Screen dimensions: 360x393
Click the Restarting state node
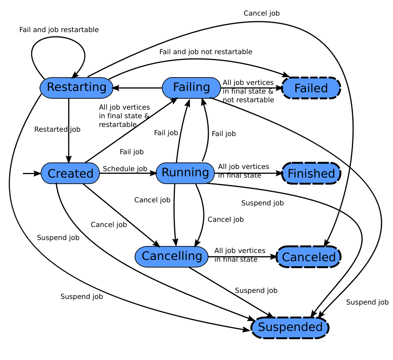(x=76, y=88)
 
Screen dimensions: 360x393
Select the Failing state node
(x=191, y=88)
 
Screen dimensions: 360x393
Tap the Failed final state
(x=311, y=88)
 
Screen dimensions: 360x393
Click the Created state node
(x=70, y=174)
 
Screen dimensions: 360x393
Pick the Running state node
(x=185, y=173)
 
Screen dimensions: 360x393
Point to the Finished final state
(x=311, y=174)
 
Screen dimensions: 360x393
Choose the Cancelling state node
(x=172, y=256)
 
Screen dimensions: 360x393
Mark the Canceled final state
(x=309, y=257)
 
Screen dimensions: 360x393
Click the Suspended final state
(x=290, y=327)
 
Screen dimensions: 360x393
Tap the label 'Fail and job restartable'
(x=59, y=30)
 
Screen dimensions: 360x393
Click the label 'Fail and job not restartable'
(x=205, y=52)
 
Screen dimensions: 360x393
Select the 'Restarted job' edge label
(x=57, y=129)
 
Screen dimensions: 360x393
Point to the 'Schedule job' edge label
(x=125, y=169)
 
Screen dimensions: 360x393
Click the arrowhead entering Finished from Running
(x=279, y=174)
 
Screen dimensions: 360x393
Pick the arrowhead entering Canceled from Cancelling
(x=273, y=257)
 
